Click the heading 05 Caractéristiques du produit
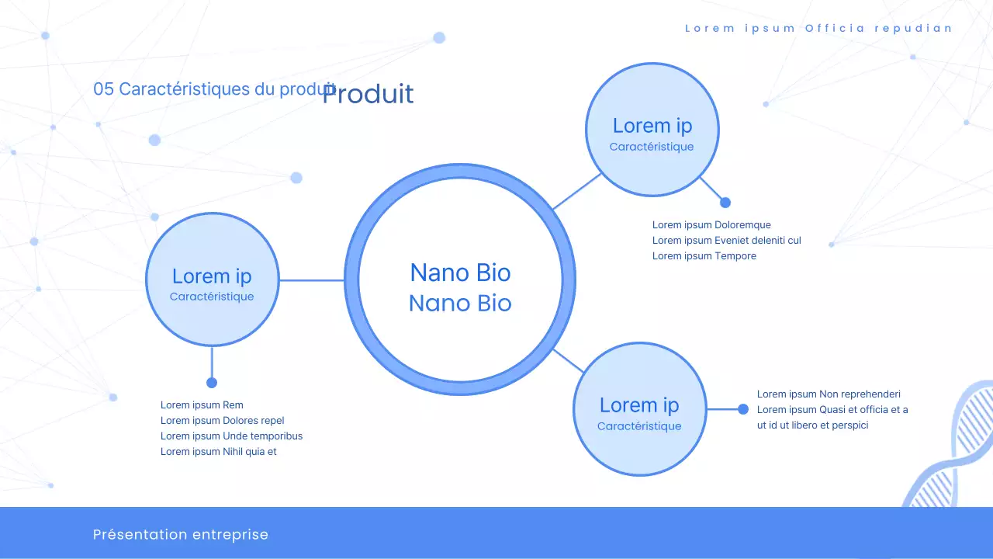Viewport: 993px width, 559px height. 206,89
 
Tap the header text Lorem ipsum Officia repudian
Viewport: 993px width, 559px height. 818,29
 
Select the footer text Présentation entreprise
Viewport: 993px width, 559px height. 181,534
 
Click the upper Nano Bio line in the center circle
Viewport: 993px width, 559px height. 460,273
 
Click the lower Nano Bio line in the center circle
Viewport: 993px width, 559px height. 460,303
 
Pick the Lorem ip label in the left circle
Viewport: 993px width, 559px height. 212,276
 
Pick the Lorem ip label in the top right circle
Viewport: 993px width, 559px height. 652,126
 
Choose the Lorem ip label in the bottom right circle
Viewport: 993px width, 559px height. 639,405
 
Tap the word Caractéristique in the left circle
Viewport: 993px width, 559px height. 212,297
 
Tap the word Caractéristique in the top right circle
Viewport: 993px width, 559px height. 652,147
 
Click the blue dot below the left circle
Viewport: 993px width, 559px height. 212,383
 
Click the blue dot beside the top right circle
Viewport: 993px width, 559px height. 725,203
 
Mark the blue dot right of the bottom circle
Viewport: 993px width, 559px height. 743,409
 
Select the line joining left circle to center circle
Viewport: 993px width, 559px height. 311,280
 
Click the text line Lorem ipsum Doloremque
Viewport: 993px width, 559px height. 711,225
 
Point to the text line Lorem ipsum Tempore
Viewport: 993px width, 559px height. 704,256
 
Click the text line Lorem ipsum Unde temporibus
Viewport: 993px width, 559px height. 231,436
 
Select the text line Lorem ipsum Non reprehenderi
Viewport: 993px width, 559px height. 829,394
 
